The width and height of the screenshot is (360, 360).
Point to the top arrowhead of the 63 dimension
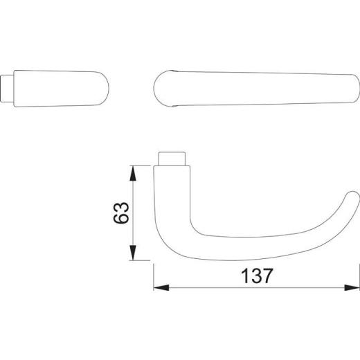[x=133, y=170]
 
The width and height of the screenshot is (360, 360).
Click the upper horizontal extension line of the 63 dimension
[x=142, y=165]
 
